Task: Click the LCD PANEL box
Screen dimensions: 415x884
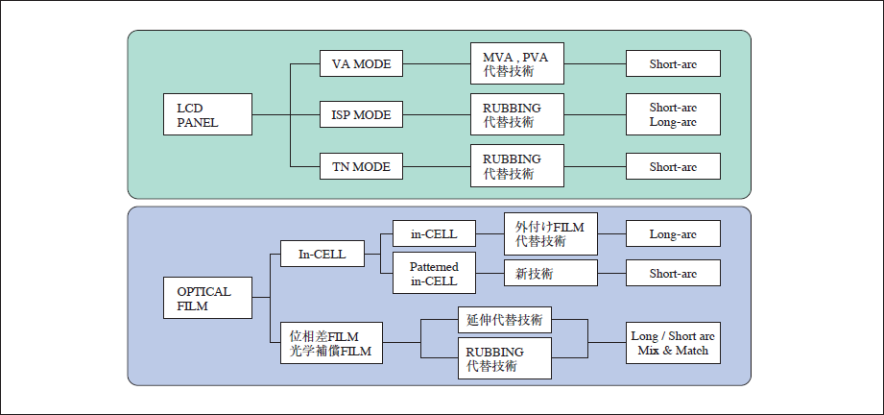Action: (208, 115)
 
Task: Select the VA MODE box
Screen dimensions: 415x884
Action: (361, 64)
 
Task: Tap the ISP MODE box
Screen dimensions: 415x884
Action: (361, 115)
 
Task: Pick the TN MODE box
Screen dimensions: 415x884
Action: (361, 166)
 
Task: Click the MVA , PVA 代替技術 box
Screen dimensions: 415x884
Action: (516, 64)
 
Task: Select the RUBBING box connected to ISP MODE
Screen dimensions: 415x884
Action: (516, 115)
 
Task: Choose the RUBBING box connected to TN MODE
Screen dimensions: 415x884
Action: (516, 166)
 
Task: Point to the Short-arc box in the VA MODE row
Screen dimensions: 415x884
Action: (672, 64)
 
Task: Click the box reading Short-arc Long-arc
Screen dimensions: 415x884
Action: (672, 115)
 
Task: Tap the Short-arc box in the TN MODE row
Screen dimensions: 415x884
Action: (672, 166)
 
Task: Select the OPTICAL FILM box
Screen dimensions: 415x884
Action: (208, 299)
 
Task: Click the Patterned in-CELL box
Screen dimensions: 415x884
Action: (434, 274)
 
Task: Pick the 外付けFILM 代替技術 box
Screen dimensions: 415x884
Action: (550, 233)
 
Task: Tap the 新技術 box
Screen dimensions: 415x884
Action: (550, 274)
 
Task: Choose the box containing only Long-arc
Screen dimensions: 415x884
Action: (672, 233)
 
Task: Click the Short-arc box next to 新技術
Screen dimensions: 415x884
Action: (672, 274)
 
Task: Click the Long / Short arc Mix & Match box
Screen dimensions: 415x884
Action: (672, 343)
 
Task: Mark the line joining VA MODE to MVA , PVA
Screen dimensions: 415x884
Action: (437, 64)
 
